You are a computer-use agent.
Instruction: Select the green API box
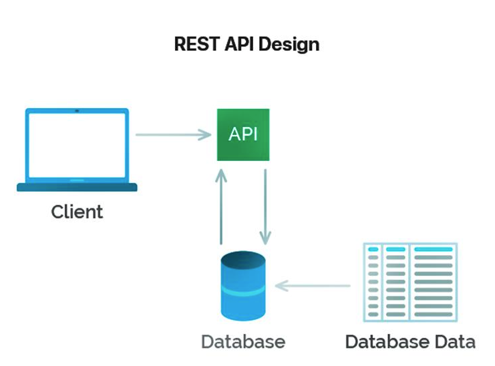pyautogui.click(x=243, y=134)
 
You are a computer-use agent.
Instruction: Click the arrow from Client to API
pyautogui.click(x=173, y=135)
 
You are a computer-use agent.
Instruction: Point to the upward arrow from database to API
pyautogui.click(x=222, y=206)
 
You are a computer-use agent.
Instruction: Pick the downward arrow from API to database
pyautogui.click(x=265, y=206)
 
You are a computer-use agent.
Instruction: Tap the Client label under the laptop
pyautogui.click(x=77, y=212)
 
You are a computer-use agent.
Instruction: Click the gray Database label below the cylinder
pyautogui.click(x=243, y=342)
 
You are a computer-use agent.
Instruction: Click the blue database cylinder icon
pyautogui.click(x=243, y=288)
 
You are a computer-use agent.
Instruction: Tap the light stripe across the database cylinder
pyautogui.click(x=243, y=292)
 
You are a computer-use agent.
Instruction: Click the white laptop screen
pyautogui.click(x=77, y=145)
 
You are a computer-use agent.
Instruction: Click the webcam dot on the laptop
pyautogui.click(x=77, y=111)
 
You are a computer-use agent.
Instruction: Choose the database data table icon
pyautogui.click(x=410, y=281)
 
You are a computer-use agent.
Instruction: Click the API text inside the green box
pyautogui.click(x=243, y=134)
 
